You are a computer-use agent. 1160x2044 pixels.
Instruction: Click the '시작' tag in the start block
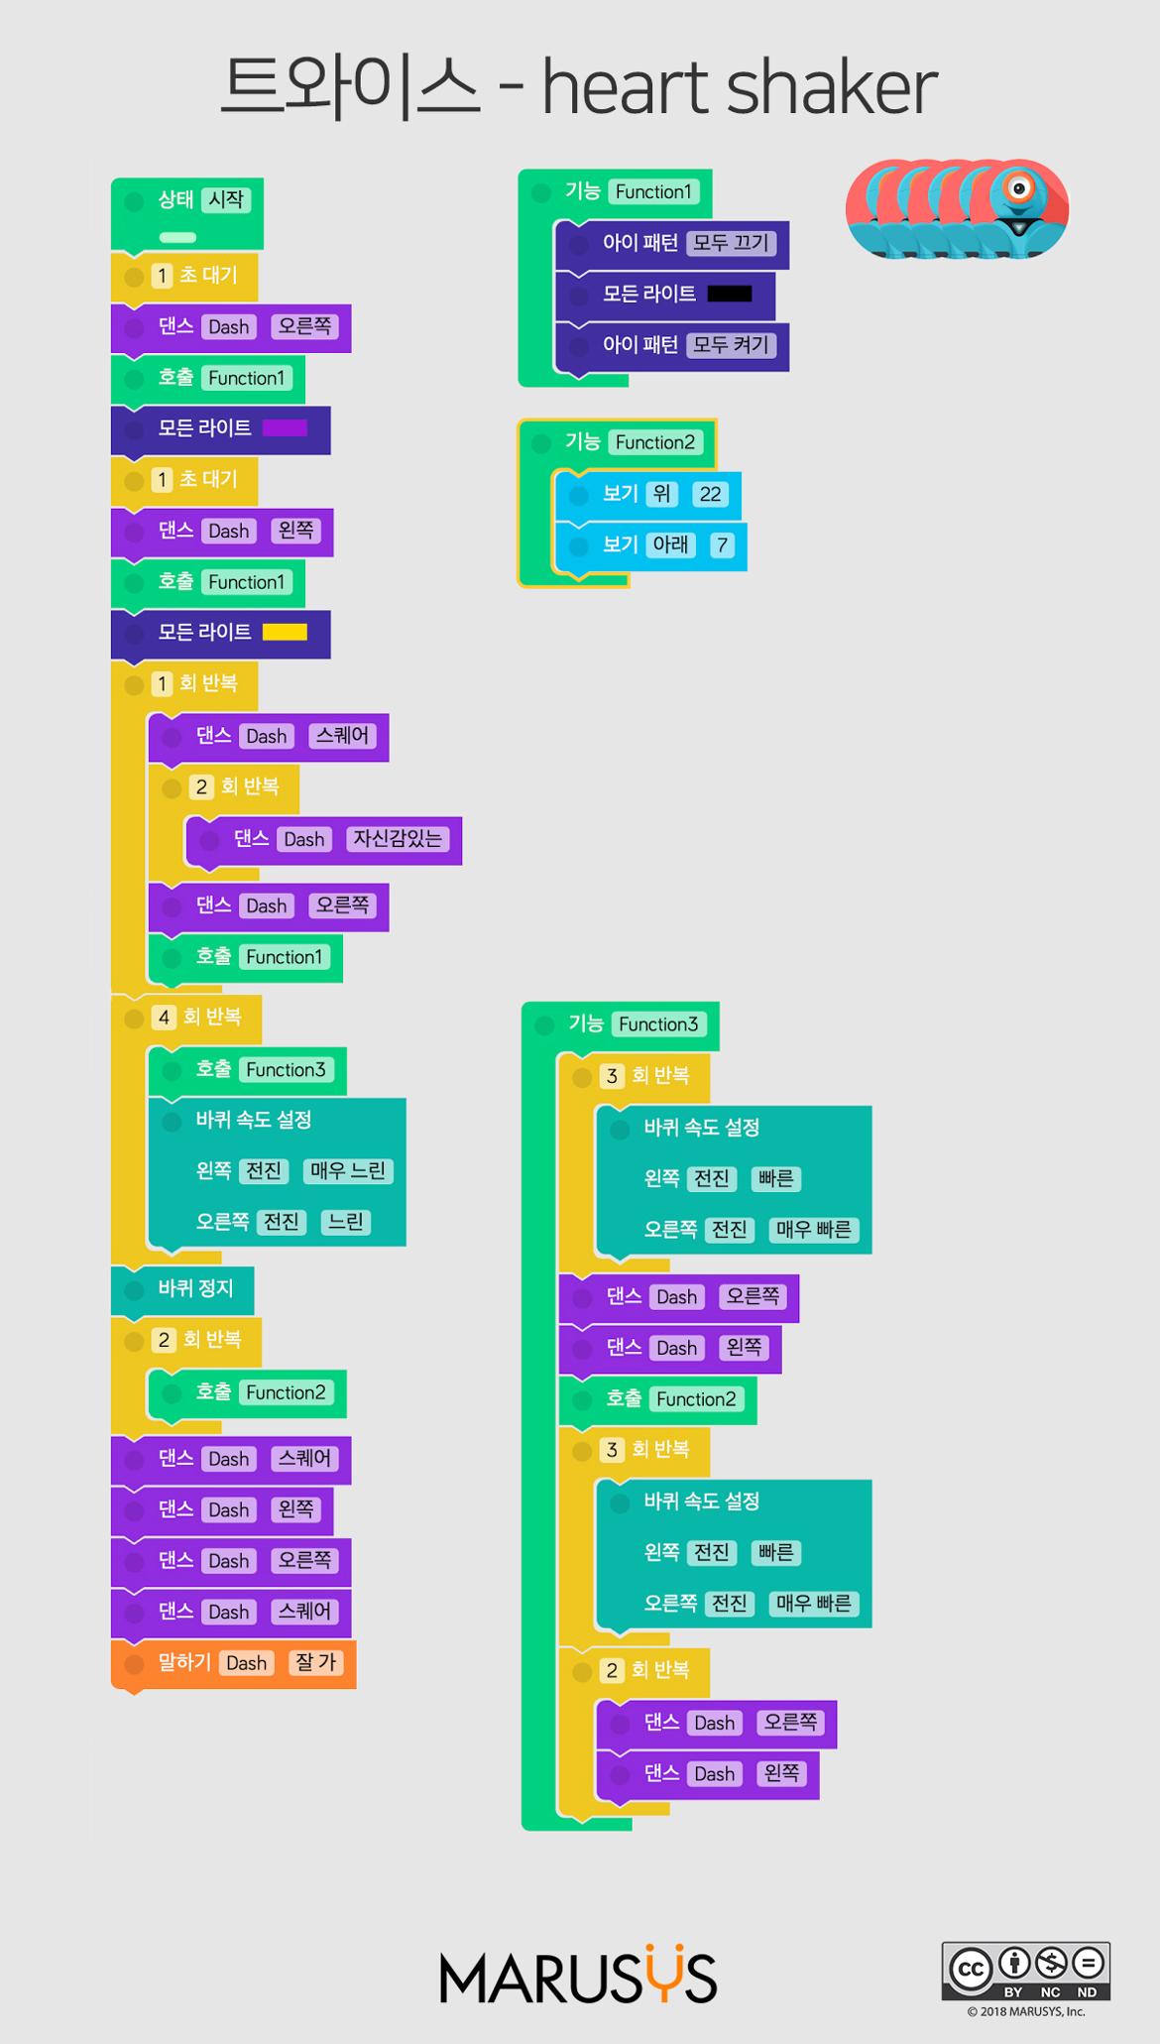(226, 199)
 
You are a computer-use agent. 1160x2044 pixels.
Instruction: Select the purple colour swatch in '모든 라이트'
(285, 428)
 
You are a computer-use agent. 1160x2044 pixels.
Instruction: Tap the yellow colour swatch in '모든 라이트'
(285, 633)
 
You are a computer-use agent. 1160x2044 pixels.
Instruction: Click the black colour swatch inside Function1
(729, 295)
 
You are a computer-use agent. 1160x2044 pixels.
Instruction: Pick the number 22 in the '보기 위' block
(710, 494)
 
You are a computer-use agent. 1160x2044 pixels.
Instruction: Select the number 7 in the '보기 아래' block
(722, 544)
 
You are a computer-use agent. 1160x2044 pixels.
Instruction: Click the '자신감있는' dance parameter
(398, 839)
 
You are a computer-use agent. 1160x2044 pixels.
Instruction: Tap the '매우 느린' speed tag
(347, 1171)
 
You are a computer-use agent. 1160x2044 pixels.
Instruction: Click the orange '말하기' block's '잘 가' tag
(315, 1663)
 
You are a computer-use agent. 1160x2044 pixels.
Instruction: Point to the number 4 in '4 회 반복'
(164, 1018)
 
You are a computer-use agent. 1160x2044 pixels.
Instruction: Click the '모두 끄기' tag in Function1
(731, 243)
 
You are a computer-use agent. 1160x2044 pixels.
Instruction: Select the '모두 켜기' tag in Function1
(731, 345)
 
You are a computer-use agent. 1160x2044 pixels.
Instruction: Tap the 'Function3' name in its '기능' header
(658, 1024)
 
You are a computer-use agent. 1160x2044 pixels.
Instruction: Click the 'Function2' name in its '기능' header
(655, 442)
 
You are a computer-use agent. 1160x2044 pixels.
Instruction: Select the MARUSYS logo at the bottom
(578, 1980)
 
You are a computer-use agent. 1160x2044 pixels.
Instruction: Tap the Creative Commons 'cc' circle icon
(970, 1968)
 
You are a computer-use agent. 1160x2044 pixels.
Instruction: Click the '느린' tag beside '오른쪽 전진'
(345, 1222)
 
